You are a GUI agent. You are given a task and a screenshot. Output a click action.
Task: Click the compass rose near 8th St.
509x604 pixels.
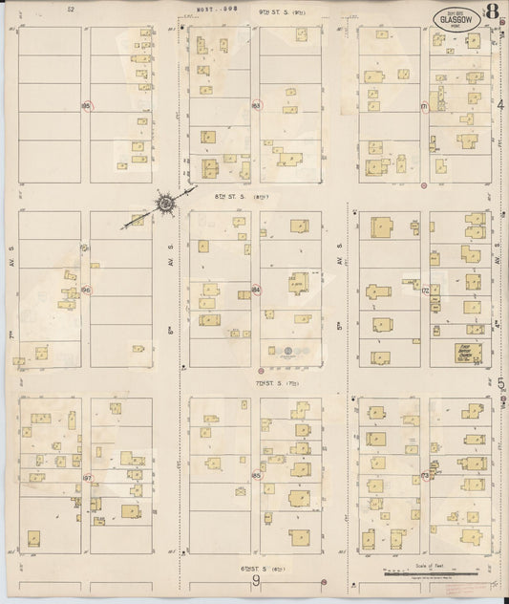[x=165, y=202]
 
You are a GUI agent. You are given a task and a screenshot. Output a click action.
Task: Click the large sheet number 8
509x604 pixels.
[x=490, y=14]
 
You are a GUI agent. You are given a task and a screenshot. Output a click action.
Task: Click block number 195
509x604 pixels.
[x=86, y=105]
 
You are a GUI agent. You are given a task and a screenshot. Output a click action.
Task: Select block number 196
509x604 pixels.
[x=86, y=289]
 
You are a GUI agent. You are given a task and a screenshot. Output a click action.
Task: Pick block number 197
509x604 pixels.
[x=86, y=476]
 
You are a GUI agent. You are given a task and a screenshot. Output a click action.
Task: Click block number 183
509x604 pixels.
[x=256, y=105]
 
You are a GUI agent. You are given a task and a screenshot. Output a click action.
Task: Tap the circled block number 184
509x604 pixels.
[x=256, y=289]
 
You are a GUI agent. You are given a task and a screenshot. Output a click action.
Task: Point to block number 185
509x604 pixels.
[x=256, y=475]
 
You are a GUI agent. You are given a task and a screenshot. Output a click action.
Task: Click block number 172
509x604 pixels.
[x=425, y=289]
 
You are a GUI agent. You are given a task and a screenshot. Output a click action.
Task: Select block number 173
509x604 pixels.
[x=425, y=475]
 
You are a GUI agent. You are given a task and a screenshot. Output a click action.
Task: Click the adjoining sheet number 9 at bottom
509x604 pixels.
[x=256, y=581]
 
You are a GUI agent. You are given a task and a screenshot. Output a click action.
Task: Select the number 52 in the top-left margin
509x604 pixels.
[x=71, y=9]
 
